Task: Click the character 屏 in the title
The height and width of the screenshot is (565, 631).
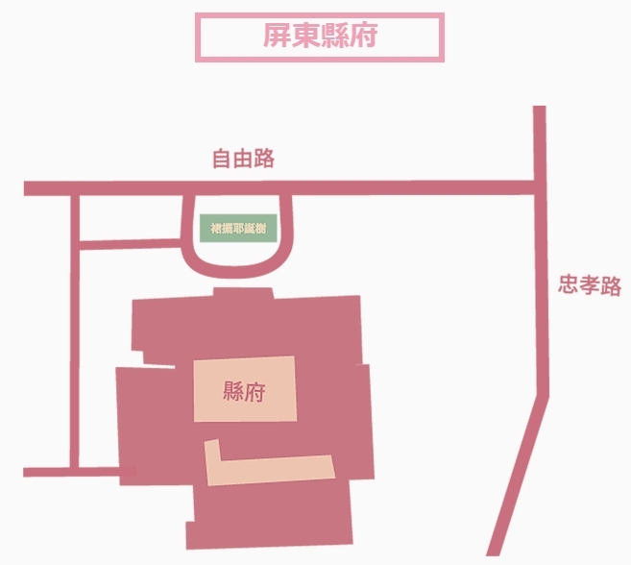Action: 277,37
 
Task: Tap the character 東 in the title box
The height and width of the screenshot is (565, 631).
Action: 305,37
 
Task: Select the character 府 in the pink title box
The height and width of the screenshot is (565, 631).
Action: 363,37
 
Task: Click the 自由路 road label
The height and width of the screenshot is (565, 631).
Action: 243,159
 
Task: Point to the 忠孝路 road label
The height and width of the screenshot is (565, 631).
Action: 590,285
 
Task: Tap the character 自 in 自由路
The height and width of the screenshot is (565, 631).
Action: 222,159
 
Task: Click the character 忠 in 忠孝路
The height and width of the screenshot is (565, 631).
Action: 569,285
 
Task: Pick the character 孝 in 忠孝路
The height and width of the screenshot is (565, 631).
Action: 590,285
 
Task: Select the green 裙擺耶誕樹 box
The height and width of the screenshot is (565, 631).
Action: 238,230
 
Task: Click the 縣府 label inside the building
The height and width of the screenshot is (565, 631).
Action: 244,391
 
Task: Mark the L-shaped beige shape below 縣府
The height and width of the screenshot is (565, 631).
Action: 269,469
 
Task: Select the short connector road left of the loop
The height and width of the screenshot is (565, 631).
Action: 130,243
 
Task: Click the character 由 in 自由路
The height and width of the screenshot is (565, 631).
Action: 243,159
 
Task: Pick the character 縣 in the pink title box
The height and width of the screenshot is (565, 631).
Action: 334,37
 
